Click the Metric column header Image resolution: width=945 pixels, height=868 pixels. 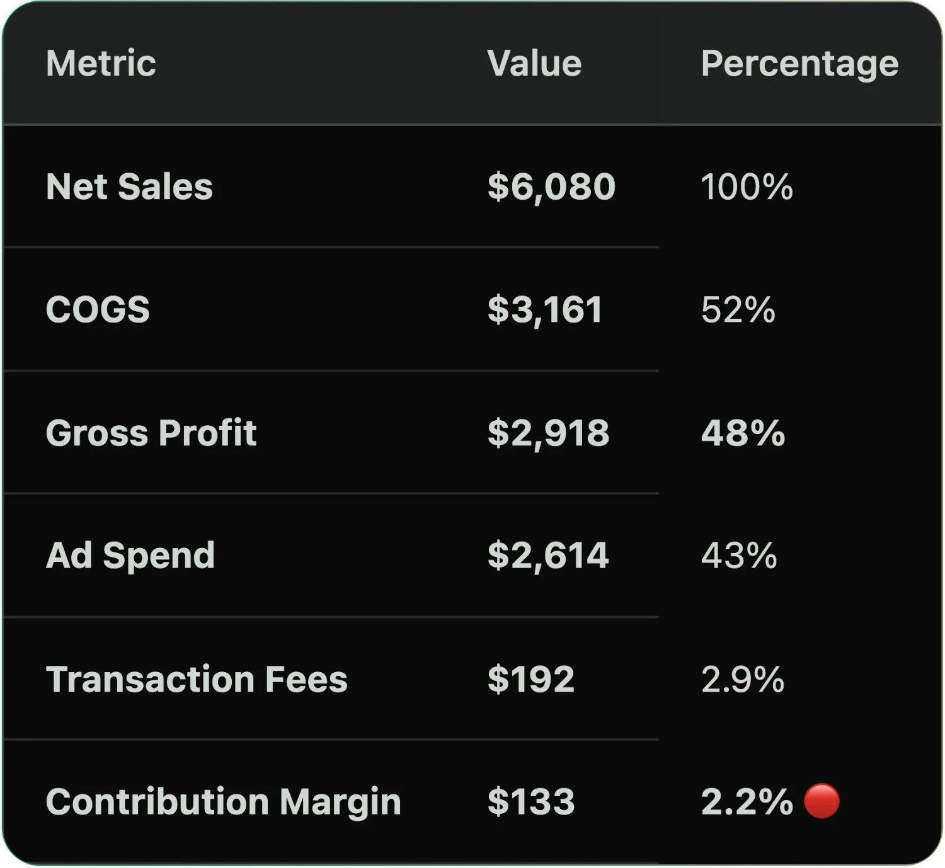coord(101,64)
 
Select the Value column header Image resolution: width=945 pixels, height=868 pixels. coord(534,64)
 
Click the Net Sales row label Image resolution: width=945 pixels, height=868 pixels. coord(129,187)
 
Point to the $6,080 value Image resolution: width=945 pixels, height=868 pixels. coord(551,187)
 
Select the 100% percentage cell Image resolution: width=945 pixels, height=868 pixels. coord(747,187)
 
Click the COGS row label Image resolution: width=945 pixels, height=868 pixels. coord(98,310)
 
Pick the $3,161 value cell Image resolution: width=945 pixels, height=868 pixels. coord(545,310)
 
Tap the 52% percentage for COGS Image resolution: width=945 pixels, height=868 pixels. coord(738,310)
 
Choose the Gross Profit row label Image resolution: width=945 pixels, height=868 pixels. coord(151,433)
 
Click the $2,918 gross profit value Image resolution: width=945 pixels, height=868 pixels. coord(548,433)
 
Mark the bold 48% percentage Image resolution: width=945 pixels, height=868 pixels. coord(743,433)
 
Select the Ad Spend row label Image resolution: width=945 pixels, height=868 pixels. coord(130,556)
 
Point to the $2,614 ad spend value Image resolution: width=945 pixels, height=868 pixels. coord(548,556)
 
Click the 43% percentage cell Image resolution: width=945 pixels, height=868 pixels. coord(739,556)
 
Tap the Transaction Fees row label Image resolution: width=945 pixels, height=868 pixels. coord(197,679)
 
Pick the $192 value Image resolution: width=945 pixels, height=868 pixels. coord(530,679)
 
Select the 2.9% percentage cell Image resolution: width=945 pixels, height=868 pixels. coord(743,679)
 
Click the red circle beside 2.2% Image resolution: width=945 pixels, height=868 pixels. coord(822,801)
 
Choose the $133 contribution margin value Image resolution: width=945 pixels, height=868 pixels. coord(530,802)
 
